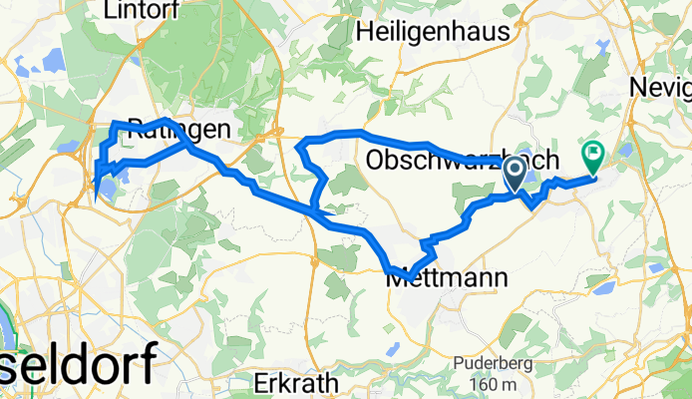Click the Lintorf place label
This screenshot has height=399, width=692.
click(x=141, y=10)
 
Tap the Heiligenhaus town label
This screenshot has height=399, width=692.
click(x=433, y=32)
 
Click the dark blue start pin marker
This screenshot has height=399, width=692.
click(x=516, y=174)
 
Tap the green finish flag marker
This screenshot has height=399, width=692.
click(x=594, y=158)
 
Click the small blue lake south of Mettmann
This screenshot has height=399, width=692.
click(x=392, y=348)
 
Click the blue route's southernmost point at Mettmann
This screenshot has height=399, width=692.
click(x=410, y=276)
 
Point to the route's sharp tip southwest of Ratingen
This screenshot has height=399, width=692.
click(x=97, y=187)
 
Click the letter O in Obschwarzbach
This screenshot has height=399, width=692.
click(x=376, y=160)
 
